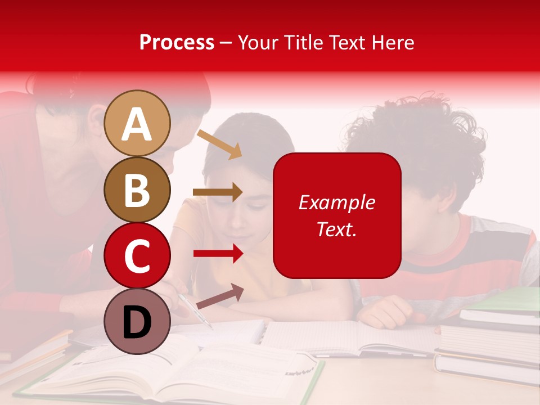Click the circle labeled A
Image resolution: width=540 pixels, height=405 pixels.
coord(137,123)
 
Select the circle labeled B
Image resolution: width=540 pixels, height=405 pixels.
coord(137,190)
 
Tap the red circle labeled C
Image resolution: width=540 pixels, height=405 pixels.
coord(137,256)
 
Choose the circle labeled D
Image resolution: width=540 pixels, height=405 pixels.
coord(137,321)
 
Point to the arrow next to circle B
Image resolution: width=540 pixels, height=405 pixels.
coord(218,192)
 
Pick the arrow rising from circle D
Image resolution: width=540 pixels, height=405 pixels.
coord(219,296)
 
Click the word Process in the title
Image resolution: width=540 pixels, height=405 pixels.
coord(177,42)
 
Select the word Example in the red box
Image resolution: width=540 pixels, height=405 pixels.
coord(336,202)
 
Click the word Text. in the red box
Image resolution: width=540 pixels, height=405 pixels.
coord(336,229)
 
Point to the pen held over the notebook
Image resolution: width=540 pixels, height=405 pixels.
coord(195,309)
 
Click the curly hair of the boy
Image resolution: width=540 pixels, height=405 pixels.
coord(416,135)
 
